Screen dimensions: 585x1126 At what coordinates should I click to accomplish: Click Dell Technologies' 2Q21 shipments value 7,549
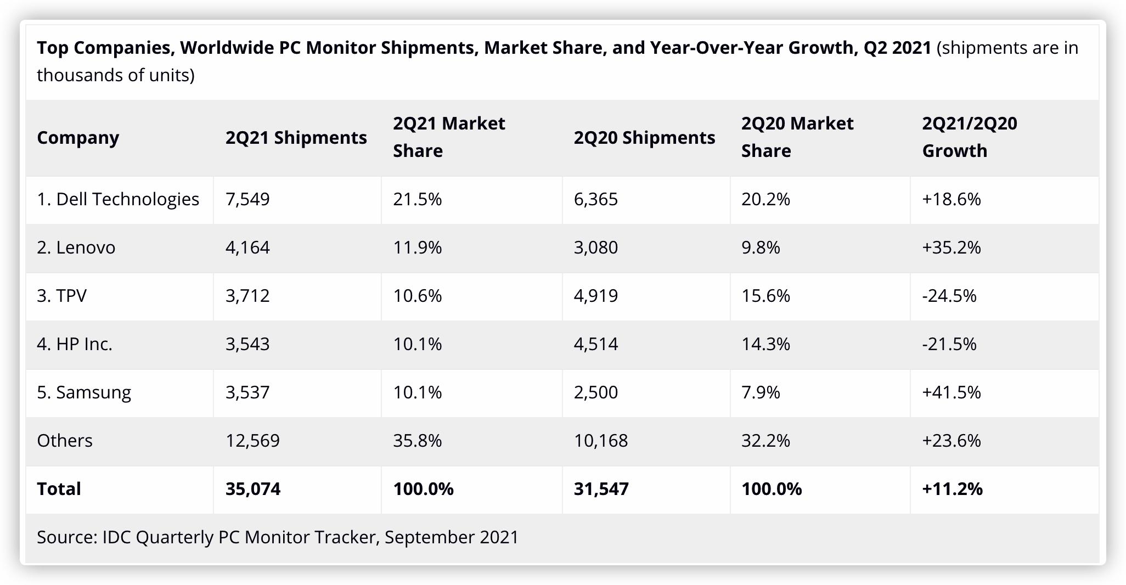[x=247, y=199]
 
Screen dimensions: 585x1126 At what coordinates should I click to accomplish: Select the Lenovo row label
[x=76, y=248]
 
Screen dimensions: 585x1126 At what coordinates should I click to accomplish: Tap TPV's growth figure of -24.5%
[x=949, y=296]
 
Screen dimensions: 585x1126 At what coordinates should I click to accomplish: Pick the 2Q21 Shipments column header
[x=296, y=137]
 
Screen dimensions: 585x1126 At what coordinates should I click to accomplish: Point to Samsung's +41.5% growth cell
[x=951, y=392]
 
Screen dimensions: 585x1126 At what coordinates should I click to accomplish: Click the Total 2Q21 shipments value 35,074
[x=253, y=489]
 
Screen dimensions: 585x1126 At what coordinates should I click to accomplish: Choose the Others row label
[x=65, y=441]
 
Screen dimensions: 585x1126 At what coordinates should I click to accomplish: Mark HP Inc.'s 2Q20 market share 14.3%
[x=765, y=344]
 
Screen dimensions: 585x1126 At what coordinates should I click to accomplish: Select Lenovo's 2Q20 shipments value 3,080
[x=596, y=248]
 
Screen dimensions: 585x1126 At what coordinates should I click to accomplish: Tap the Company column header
[x=78, y=137]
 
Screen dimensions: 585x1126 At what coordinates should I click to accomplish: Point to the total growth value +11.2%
[x=952, y=489]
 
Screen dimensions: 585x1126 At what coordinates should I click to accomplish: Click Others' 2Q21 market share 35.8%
[x=417, y=441]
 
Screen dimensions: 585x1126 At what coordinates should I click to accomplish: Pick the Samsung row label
[x=84, y=392]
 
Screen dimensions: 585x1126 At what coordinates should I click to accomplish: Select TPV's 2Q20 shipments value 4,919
[x=596, y=296]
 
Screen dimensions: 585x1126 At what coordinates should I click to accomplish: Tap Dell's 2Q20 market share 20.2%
[x=765, y=199]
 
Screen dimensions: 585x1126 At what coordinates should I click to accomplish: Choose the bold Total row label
[x=59, y=489]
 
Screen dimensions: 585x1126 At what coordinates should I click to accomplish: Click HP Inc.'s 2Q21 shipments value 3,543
[x=247, y=344]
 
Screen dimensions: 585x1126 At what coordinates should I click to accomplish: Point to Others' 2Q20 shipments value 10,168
[x=601, y=441]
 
